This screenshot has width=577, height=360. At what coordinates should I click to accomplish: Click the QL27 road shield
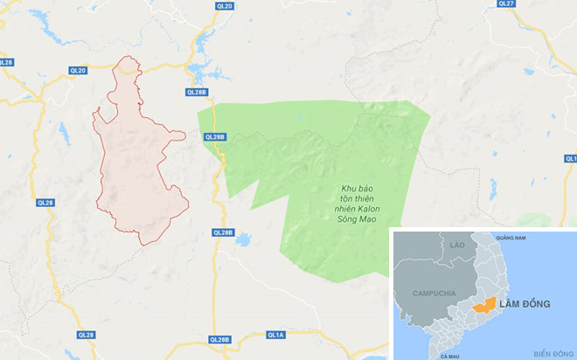tap(505, 4)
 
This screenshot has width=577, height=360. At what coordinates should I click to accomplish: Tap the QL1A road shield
tap(275, 335)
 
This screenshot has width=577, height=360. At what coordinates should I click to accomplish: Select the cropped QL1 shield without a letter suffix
tap(571, 158)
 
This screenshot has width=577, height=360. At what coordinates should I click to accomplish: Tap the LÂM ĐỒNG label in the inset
tap(526, 303)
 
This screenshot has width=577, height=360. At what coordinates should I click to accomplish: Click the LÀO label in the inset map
tap(456, 246)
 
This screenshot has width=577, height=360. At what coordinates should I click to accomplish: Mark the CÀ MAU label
tap(450, 357)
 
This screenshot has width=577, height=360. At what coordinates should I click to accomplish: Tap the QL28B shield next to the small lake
tap(223, 232)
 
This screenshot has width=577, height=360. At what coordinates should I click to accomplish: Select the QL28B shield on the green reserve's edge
tap(214, 136)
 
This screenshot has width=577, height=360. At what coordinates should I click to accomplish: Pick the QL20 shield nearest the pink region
tap(78, 70)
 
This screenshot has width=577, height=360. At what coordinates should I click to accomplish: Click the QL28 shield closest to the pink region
tap(45, 202)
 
